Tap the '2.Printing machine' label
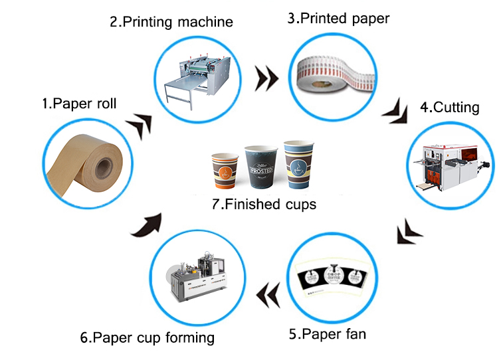[x=171, y=22]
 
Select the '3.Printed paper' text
[x=338, y=19]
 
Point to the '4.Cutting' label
[x=449, y=107]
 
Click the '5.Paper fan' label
[x=327, y=333]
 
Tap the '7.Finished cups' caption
[x=264, y=204]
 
